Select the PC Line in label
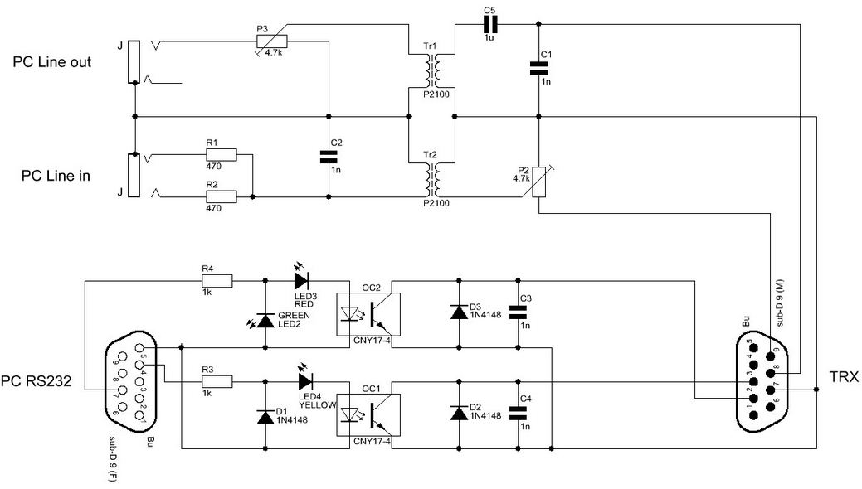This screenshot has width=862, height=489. point(56,176)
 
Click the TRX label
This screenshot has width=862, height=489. point(842,374)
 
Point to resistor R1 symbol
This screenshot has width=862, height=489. point(222,154)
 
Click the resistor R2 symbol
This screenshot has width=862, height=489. point(222,196)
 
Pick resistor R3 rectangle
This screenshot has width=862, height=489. point(217,380)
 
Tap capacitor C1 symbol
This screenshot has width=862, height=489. point(539,70)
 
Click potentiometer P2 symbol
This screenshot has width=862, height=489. point(539,182)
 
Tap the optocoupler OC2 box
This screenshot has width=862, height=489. point(363,313)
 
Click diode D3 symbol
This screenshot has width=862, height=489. point(457,312)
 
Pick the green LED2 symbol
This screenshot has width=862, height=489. point(265,319)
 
